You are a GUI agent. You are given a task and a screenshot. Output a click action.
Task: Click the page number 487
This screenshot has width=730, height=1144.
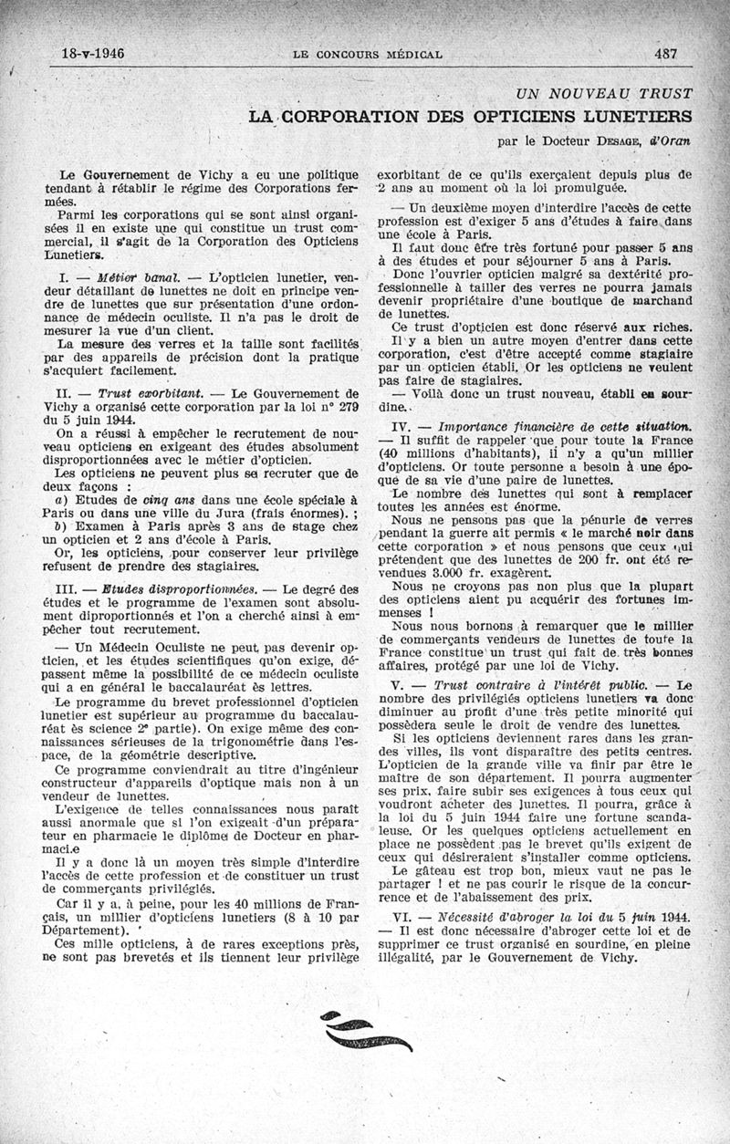pyautogui.click(x=665, y=54)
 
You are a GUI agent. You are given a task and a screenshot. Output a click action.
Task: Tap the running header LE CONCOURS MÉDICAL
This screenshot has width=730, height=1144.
pyautogui.click(x=368, y=55)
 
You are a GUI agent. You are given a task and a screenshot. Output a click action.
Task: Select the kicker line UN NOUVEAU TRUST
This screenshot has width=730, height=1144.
pyautogui.click(x=604, y=93)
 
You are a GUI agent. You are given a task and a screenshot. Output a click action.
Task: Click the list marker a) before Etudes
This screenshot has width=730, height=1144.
pyautogui.click(x=61, y=500)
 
